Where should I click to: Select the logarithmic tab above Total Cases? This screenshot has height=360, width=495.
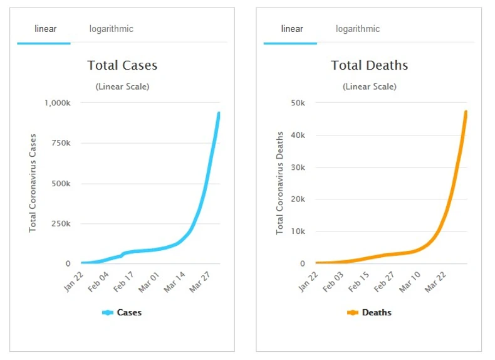pyautogui.click(x=111, y=29)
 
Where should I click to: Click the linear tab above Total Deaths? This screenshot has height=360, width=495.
pyautogui.click(x=291, y=29)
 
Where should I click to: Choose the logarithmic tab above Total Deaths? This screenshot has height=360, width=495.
pyautogui.click(x=357, y=29)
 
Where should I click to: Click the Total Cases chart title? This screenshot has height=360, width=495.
pyautogui.click(x=122, y=65)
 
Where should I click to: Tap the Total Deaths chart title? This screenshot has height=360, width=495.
pyautogui.click(x=369, y=65)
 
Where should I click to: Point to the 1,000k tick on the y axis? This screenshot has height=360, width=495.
pyautogui.click(x=58, y=103)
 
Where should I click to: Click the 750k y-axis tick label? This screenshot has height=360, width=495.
pyautogui.click(x=61, y=143)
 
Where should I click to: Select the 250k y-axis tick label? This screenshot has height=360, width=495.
pyautogui.click(x=61, y=224)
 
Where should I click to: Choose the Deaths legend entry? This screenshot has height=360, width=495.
pyautogui.click(x=369, y=312)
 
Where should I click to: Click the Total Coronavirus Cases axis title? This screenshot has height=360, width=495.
pyautogui.click(x=33, y=183)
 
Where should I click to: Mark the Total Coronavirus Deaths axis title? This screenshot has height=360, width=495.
pyautogui.click(x=280, y=183)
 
